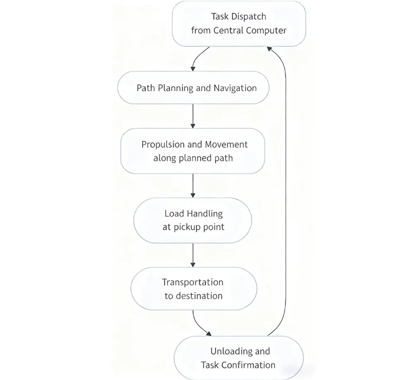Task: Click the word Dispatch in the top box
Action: click(248, 17)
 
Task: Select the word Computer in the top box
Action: click(267, 30)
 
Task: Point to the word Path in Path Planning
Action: click(145, 88)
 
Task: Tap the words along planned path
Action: click(193, 158)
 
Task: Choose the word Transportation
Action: click(193, 282)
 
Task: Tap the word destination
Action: click(199, 296)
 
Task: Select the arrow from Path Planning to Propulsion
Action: click(193, 115)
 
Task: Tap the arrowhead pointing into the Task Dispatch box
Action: click(270, 48)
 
